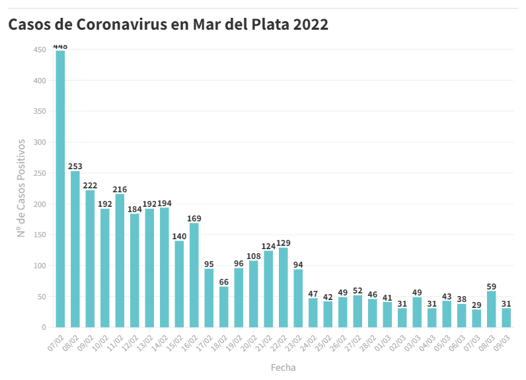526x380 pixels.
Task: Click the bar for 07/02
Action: [60, 188]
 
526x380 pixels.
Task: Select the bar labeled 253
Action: [75, 249]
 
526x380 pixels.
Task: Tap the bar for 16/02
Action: [194, 275]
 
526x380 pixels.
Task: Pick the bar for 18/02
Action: [224, 307]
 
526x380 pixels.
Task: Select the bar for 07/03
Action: [476, 319]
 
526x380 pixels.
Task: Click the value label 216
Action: [120, 189]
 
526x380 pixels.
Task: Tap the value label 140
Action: [179, 236]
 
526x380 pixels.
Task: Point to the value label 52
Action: [357, 291]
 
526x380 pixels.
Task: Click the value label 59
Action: [492, 286]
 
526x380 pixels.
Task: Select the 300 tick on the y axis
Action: [40, 142]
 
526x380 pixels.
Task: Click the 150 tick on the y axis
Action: [40, 235]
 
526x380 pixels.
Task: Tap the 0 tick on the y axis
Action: [44, 327]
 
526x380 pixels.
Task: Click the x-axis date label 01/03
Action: [384, 341]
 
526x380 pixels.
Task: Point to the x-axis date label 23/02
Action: [295, 341]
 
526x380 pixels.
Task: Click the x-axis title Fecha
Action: [283, 367]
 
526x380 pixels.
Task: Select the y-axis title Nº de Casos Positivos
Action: [21, 188]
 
